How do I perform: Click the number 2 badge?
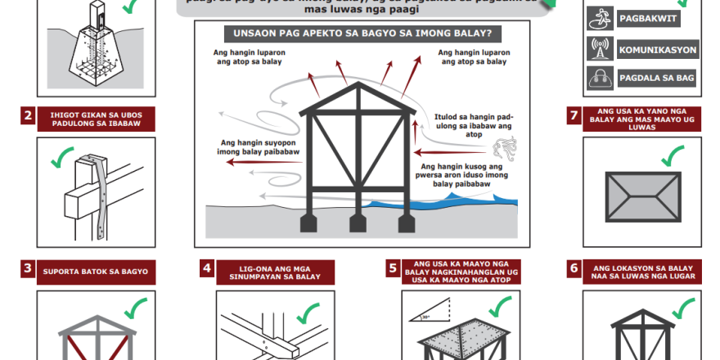(28, 116)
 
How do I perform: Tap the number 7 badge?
(574, 115)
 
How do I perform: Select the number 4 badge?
(208, 268)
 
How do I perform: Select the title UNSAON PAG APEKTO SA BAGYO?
(358, 34)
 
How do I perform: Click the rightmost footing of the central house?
(403, 222)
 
